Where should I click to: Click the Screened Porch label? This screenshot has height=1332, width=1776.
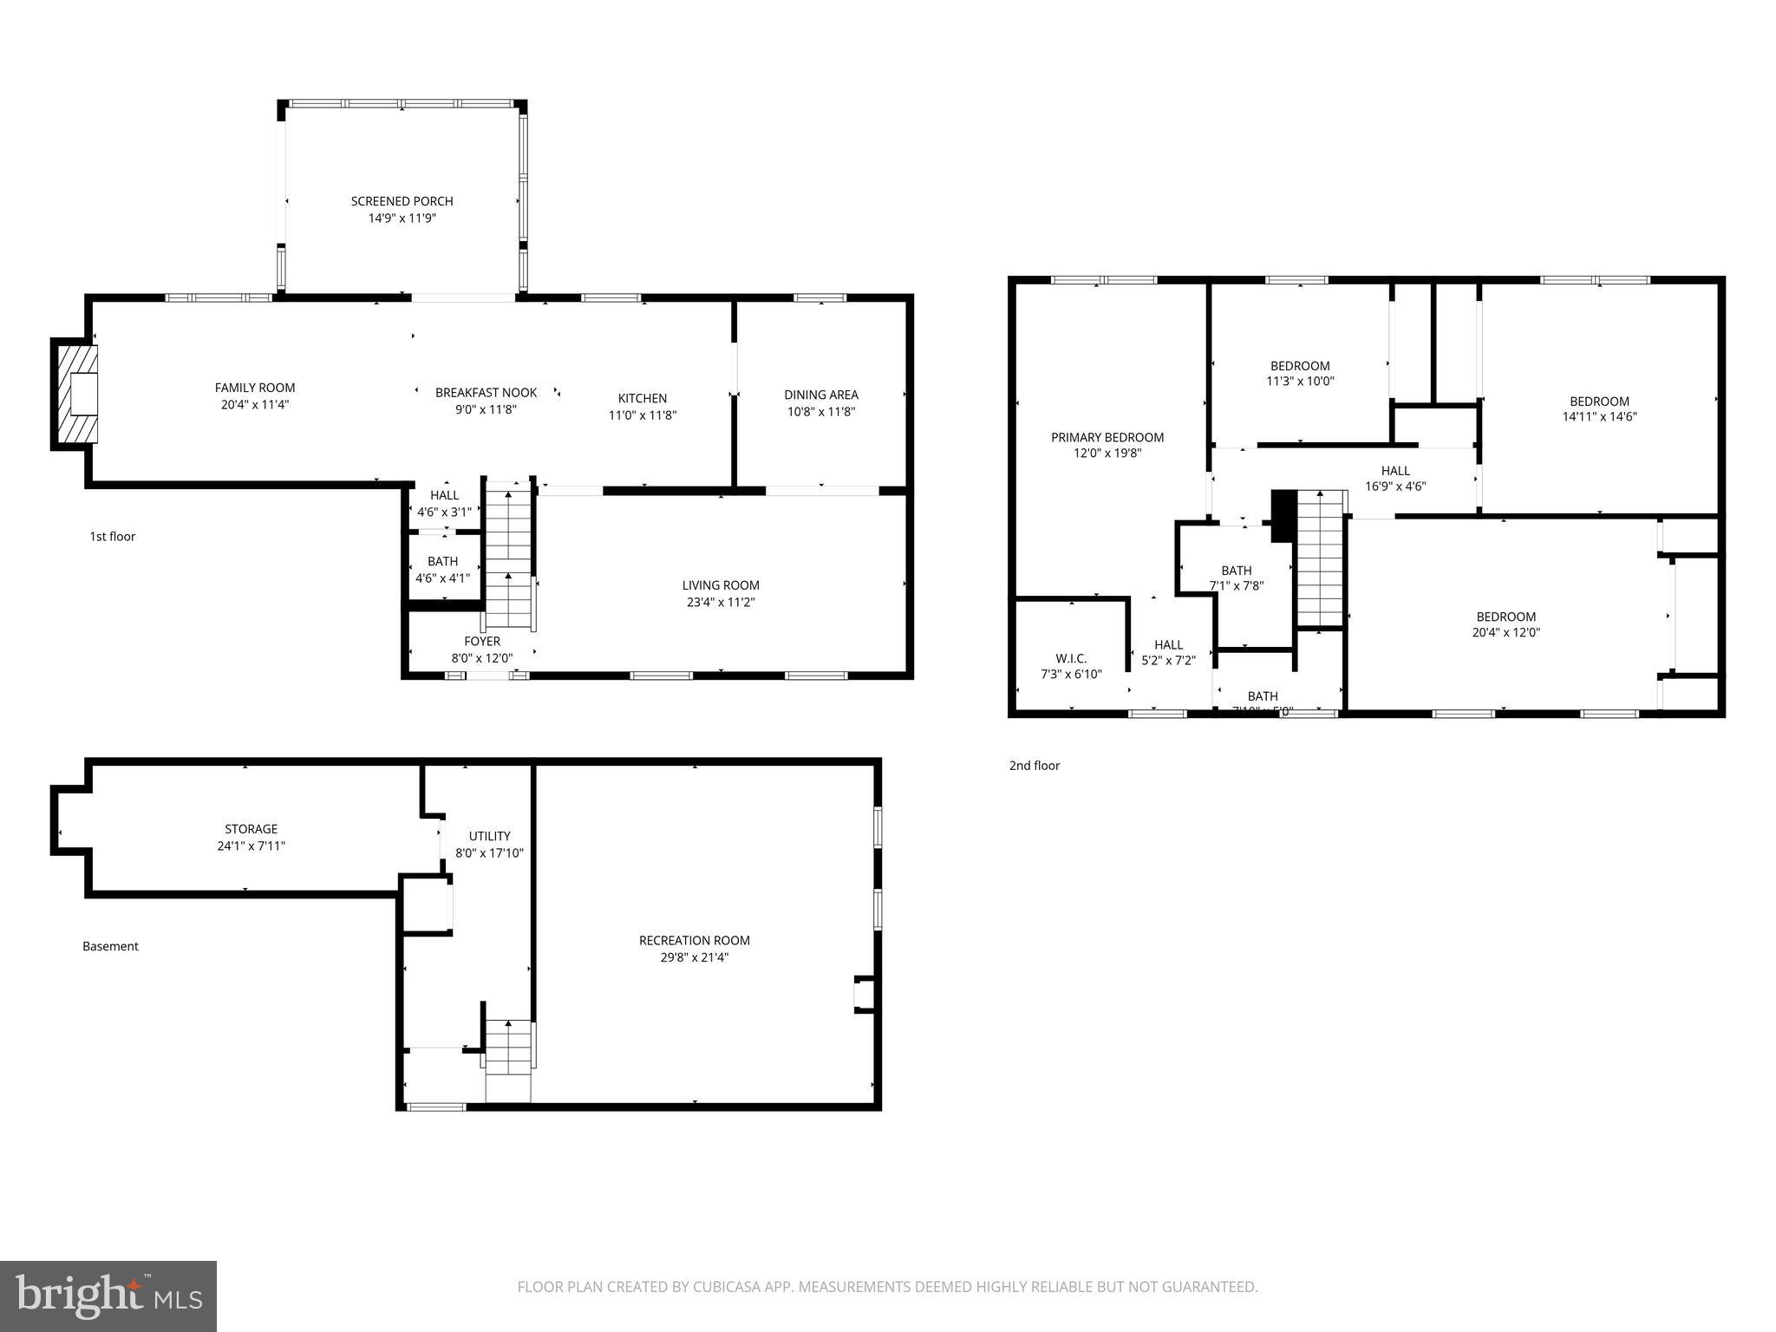402,201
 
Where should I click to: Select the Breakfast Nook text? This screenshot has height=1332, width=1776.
486,393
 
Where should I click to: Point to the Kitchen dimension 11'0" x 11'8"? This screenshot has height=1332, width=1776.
642,415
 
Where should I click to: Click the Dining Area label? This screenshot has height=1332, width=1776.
820,395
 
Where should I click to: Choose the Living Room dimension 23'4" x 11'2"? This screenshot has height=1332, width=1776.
720,603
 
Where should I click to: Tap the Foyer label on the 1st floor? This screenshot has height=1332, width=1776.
482,642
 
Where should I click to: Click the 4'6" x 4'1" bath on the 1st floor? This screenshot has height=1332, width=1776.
442,570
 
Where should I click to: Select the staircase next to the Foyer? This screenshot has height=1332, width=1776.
508,555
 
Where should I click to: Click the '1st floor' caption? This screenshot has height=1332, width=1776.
113,537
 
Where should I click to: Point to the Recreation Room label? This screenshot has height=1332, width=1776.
694,941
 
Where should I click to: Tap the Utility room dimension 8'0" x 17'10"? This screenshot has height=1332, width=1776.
489,853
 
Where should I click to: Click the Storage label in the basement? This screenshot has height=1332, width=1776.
251,829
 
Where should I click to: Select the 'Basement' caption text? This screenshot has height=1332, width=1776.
110,946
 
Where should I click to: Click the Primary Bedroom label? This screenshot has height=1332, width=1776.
1107,438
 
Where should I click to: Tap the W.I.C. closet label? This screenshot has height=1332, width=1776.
1071,659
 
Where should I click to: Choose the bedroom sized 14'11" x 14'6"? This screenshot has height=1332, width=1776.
1599,408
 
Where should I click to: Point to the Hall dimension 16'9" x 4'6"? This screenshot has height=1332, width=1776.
1395,486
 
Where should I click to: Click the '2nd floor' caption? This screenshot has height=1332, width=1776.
1034,766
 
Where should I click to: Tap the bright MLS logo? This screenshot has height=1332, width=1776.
108,1296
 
